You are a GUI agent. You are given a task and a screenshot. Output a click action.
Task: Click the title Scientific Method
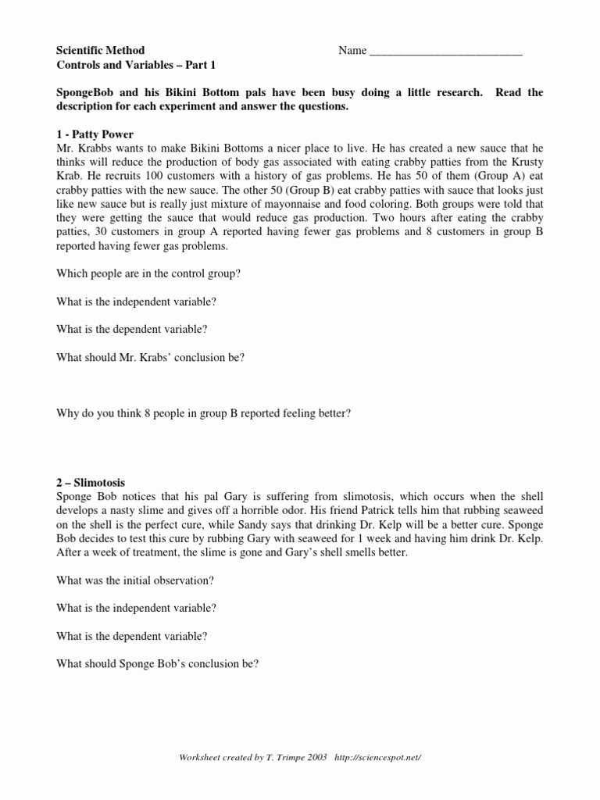coord(100,51)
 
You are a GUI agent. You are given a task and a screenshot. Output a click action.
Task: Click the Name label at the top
coord(352,51)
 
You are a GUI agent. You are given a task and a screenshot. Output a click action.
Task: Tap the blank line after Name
coord(445,52)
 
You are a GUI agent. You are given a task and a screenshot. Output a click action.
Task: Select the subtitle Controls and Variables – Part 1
coord(136,65)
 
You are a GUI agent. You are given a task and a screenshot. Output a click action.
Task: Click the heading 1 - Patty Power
coord(95,134)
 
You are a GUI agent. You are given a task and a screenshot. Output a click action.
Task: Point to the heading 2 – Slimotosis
coord(91,483)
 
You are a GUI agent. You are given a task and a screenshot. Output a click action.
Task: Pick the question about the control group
coord(148,273)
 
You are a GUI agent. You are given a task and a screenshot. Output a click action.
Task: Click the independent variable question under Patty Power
coord(137,302)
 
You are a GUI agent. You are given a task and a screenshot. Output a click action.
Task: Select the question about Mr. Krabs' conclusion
coord(151,358)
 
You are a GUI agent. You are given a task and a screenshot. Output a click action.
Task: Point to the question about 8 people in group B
coord(204,413)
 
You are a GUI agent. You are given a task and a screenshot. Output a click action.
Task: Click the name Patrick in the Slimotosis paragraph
coord(351,511)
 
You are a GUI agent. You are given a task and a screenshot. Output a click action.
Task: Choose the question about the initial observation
coord(135,580)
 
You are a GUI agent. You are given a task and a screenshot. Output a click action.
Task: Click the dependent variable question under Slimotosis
coord(132,636)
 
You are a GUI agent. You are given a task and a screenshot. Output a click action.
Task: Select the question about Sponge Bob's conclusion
coord(158,664)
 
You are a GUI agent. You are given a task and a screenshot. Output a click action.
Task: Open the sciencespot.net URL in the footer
coord(377,757)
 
